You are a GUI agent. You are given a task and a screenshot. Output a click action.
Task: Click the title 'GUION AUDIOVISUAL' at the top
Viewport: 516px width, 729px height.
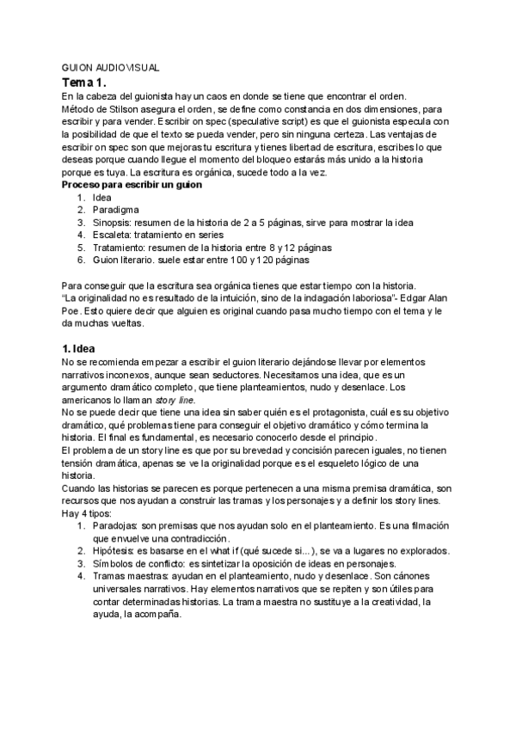111,67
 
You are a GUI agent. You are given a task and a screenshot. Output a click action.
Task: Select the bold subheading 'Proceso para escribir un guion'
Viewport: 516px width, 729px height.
132,185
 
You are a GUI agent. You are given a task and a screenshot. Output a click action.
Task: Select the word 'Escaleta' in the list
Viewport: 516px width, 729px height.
112,234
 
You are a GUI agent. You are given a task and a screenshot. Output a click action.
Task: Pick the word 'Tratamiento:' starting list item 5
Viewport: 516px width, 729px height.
120,247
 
